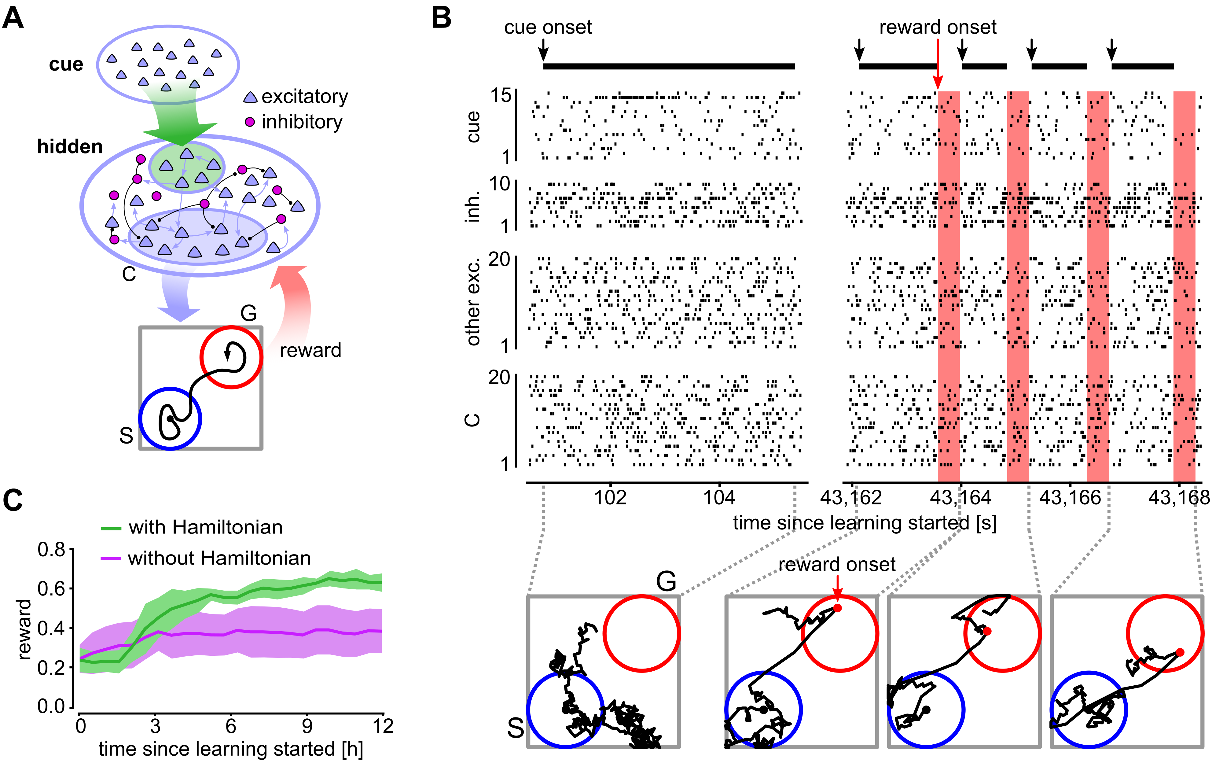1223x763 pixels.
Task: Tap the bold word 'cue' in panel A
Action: click(x=66, y=65)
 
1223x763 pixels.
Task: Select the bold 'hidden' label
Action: click(x=70, y=147)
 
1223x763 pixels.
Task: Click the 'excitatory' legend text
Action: click(x=305, y=96)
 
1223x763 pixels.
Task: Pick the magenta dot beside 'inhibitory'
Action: click(x=250, y=122)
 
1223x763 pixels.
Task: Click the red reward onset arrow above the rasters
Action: click(x=938, y=66)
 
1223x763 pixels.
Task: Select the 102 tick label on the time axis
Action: click(x=610, y=498)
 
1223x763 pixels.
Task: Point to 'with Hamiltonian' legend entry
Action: click(x=205, y=527)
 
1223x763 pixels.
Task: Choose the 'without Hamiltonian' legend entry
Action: click(x=219, y=558)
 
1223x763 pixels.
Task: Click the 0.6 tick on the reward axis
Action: click(x=51, y=588)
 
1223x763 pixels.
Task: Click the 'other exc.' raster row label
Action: click(x=473, y=303)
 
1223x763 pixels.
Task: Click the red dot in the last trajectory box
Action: click(x=1180, y=652)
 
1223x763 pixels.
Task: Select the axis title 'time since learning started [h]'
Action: click(x=231, y=749)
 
